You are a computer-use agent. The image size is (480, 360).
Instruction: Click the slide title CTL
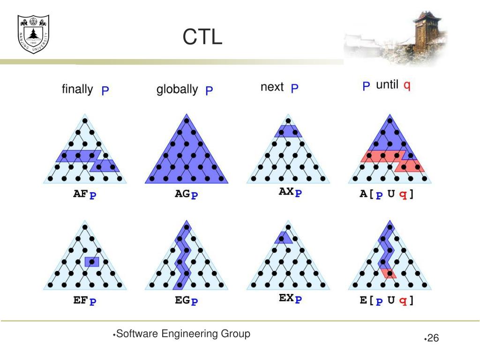coord(202,37)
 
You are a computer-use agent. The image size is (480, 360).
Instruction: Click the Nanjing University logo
coord(33,34)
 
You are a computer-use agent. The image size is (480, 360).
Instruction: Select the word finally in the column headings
coord(77,89)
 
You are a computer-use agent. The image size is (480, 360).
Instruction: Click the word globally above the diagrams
coord(177,89)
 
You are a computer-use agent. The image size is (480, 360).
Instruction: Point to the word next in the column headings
coord(272,87)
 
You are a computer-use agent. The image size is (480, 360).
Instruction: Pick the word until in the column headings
coord(387,85)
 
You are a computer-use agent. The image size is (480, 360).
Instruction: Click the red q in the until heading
coord(407,86)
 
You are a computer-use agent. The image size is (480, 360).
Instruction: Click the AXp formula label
coord(290,193)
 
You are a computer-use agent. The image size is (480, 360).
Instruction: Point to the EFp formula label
coord(85,300)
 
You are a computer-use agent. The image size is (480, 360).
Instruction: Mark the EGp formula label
coord(187,300)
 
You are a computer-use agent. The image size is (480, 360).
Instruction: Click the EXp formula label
coord(290,299)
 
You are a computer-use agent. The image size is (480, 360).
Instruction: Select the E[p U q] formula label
coord(387,300)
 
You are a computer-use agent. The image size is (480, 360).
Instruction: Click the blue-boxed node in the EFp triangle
coord(92,262)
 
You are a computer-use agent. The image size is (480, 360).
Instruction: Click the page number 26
coord(433,338)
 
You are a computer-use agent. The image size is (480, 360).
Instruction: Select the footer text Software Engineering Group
coord(183,334)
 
